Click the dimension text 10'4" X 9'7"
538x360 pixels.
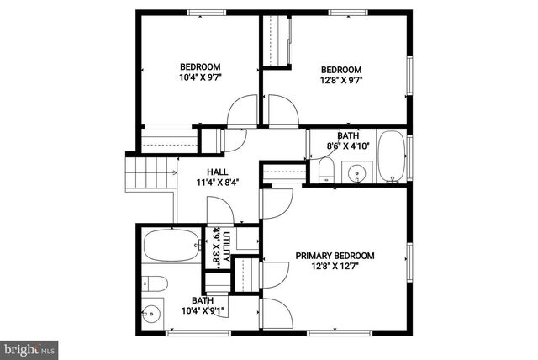click(x=199, y=79)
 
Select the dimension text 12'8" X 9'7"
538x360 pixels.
click(x=340, y=82)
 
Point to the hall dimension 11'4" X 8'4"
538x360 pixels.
click(x=217, y=183)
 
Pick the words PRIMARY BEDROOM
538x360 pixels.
click(x=335, y=256)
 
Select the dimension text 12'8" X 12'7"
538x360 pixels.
click(x=335, y=267)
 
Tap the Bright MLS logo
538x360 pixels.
click(x=30, y=347)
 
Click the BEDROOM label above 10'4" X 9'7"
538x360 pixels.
click(x=200, y=67)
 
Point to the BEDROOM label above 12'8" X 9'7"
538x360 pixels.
click(x=341, y=70)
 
